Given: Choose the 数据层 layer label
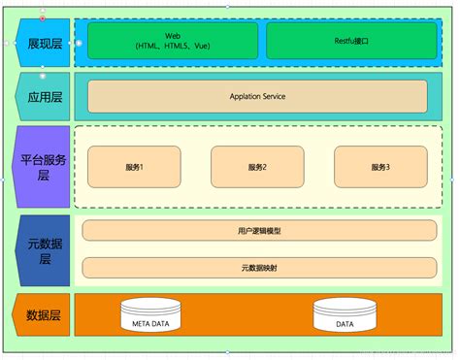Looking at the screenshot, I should click(42, 315).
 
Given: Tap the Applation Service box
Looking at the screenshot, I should click(257, 96).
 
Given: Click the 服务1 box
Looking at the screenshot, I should click(134, 167).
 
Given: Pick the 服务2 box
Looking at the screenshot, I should click(257, 167).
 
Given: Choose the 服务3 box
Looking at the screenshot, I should click(380, 167).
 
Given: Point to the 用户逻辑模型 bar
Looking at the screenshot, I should click(257, 230).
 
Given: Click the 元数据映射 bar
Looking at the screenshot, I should click(257, 267).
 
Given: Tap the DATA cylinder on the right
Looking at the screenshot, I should click(345, 316).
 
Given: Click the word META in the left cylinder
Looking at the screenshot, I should click(143, 321).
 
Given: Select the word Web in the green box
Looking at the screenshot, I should click(173, 36).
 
